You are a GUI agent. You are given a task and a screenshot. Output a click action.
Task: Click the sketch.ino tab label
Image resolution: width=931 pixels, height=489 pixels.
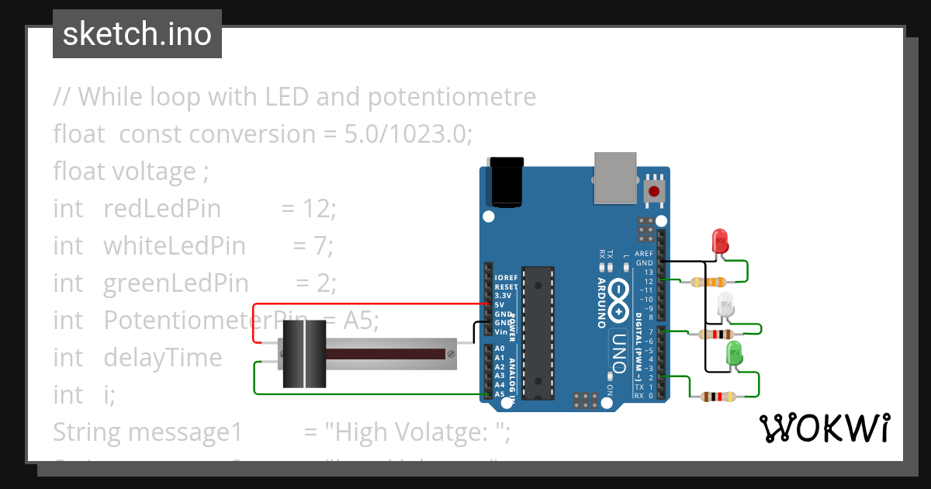pyautogui.click(x=137, y=34)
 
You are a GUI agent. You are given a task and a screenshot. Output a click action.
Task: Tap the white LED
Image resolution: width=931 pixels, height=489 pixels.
pyautogui.click(x=725, y=304)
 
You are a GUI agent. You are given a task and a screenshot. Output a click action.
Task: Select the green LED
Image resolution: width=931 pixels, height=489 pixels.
pyautogui.click(x=732, y=355)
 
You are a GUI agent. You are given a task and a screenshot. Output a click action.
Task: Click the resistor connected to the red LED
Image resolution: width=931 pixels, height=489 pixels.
pyautogui.click(x=708, y=283)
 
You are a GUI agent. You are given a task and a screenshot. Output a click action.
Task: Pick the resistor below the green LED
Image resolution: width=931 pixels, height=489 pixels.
pyautogui.click(x=718, y=397)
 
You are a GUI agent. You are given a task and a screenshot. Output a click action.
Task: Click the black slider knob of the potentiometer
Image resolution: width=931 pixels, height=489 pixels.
pyautogui.click(x=303, y=354)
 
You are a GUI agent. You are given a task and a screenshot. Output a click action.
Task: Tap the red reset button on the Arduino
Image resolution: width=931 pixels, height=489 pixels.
pyautogui.click(x=654, y=191)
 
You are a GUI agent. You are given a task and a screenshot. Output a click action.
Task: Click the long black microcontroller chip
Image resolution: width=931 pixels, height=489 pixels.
pyautogui.click(x=538, y=333)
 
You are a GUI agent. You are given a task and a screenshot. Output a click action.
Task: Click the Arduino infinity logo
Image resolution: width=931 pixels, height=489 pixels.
pyautogui.click(x=619, y=300)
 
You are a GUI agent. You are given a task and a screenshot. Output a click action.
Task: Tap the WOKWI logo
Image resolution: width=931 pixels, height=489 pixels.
pyautogui.click(x=824, y=428)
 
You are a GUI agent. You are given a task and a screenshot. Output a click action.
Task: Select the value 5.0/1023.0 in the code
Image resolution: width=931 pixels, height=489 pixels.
pyautogui.click(x=408, y=134)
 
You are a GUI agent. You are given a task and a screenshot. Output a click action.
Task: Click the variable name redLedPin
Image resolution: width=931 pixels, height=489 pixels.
pyautogui.click(x=161, y=209)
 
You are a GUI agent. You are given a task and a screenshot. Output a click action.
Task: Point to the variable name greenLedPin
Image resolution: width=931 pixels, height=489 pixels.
pyautogui.click(x=175, y=283)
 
